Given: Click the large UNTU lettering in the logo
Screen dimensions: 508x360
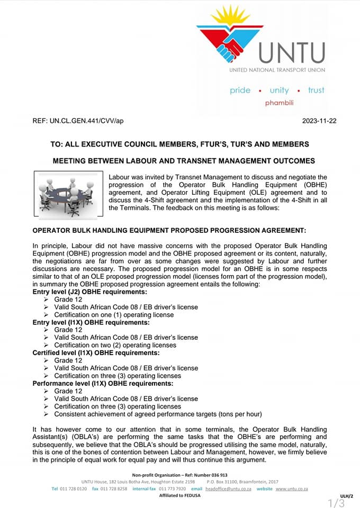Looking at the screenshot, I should (292, 53).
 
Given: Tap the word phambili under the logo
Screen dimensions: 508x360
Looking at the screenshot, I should (279, 103).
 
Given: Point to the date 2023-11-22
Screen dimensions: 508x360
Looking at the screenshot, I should (319, 121).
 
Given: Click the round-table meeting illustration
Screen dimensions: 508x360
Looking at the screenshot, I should (68, 194).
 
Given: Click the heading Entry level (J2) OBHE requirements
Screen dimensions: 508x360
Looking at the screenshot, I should (90, 292).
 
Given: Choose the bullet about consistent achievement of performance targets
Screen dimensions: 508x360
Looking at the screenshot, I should (158, 414).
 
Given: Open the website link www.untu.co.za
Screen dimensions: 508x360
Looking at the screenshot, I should (291, 489).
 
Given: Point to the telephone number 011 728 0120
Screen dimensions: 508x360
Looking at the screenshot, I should (74, 489).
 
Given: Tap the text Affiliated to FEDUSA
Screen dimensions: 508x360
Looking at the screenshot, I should (179, 496).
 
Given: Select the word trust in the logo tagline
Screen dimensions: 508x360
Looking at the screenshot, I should (316, 90).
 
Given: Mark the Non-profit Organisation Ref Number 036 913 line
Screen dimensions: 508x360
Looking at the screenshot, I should (180, 475).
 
